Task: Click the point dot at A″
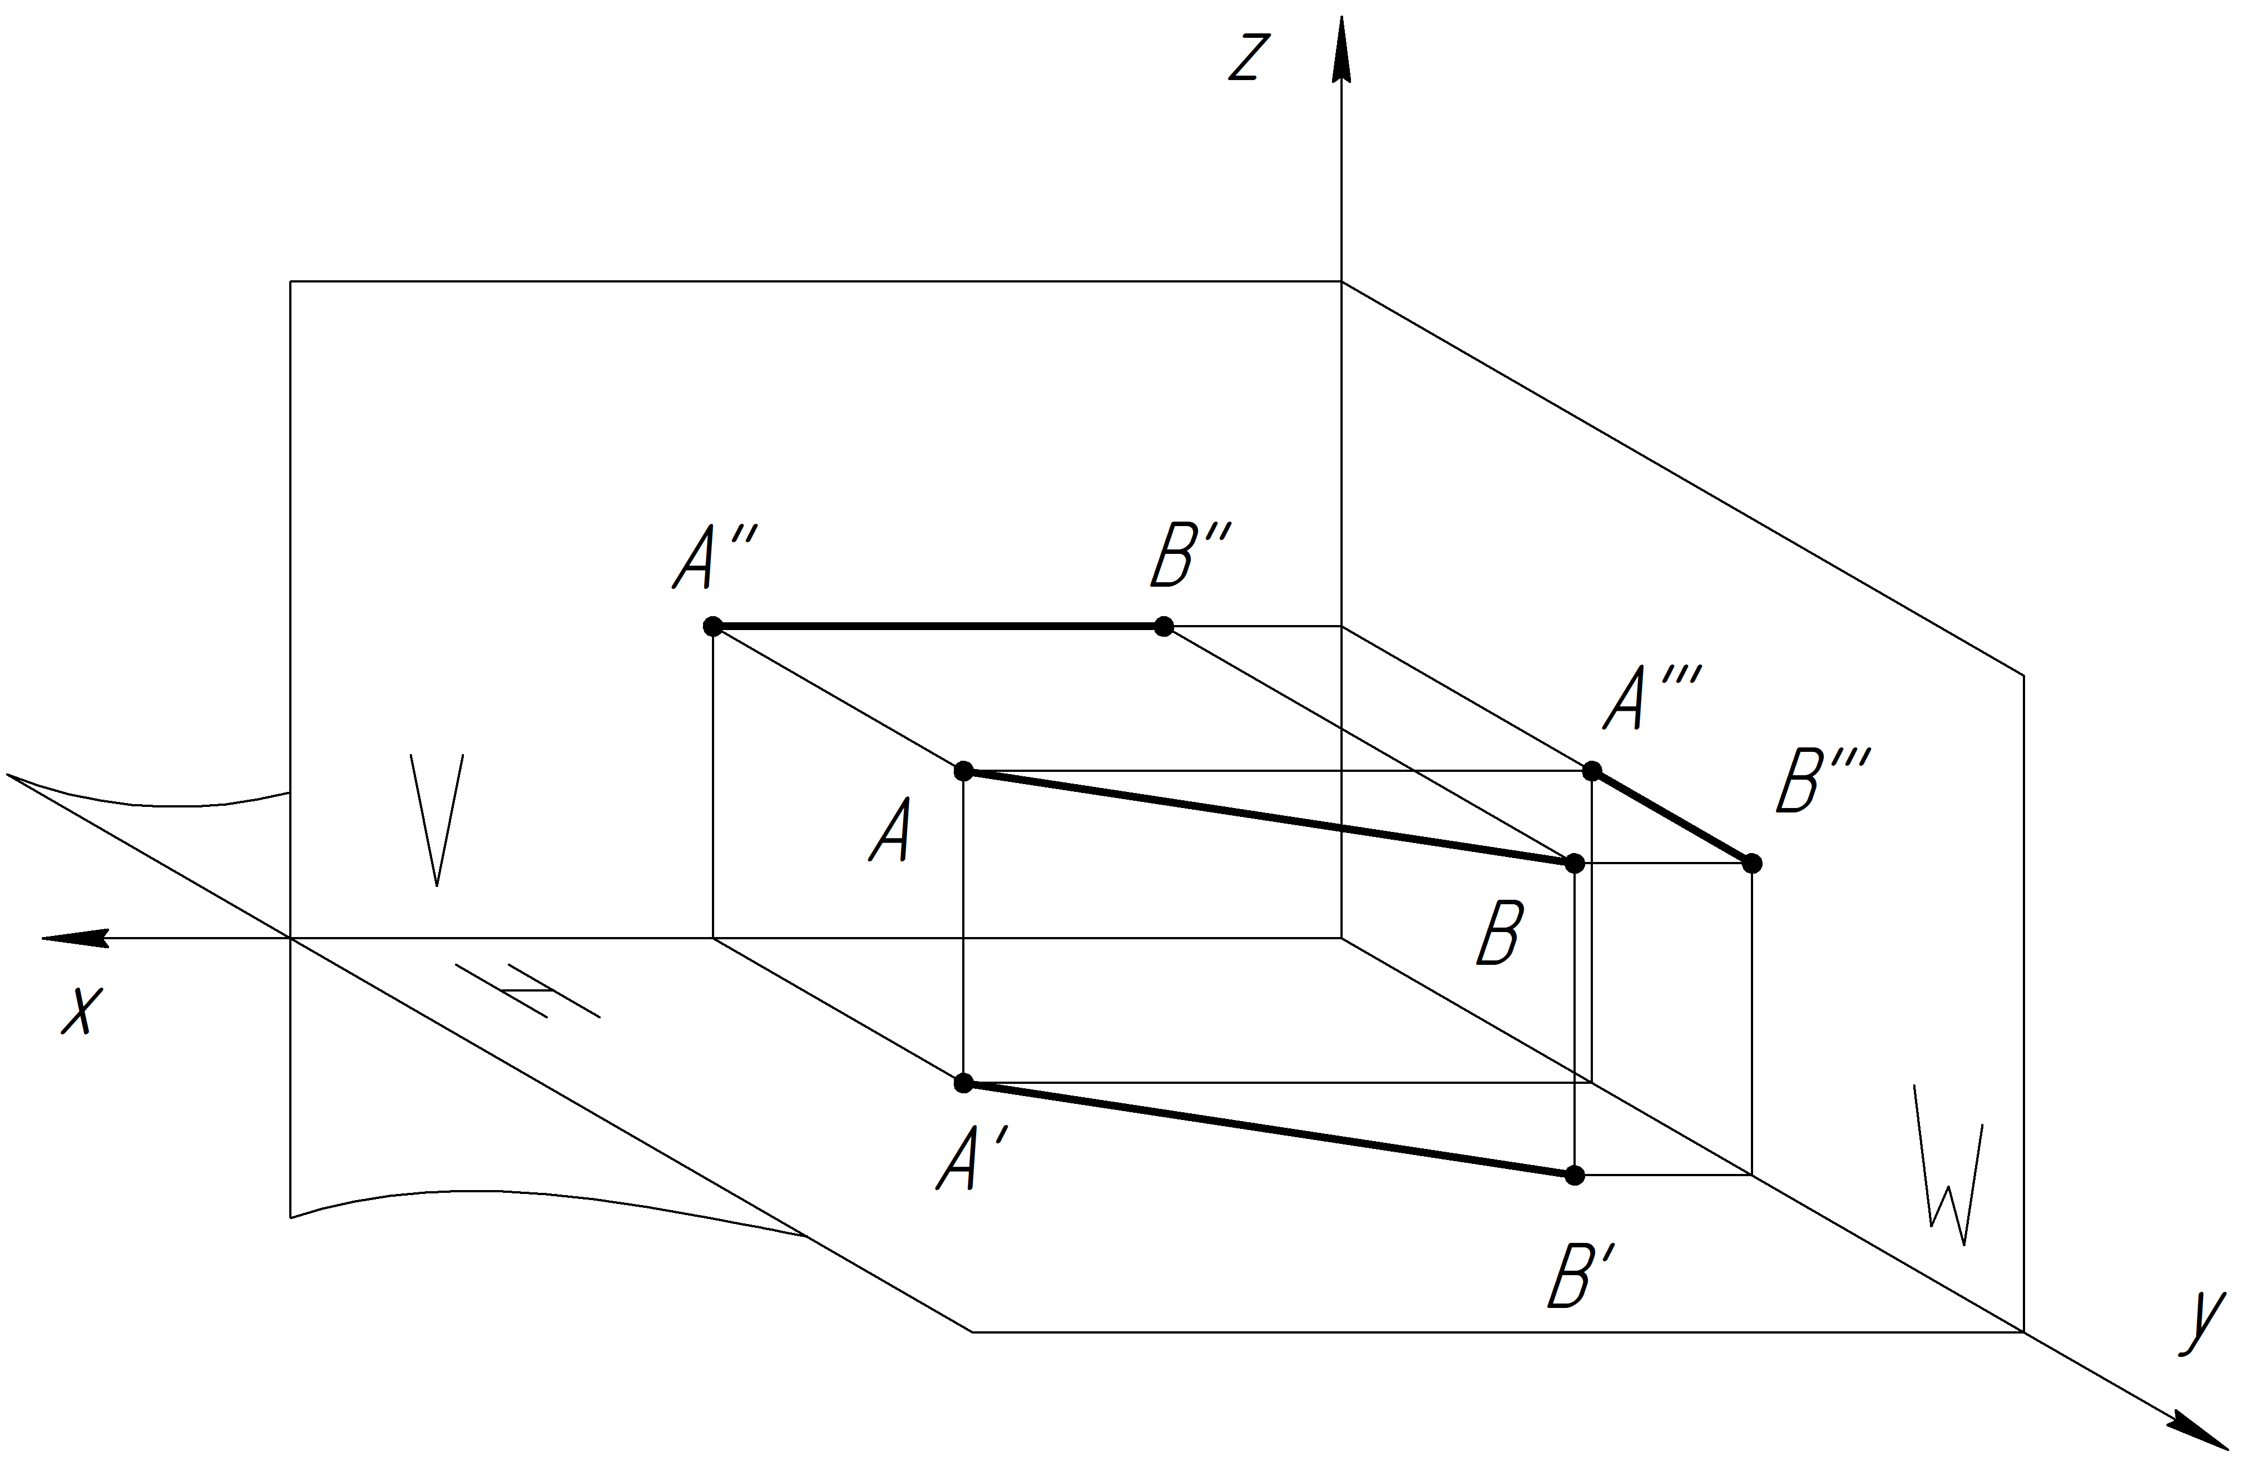[x=713, y=626]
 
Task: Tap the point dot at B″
[x=1164, y=626]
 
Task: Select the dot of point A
[x=963, y=771]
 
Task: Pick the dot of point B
[x=1574, y=863]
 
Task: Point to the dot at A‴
[x=1592, y=771]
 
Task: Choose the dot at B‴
[x=1753, y=863]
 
